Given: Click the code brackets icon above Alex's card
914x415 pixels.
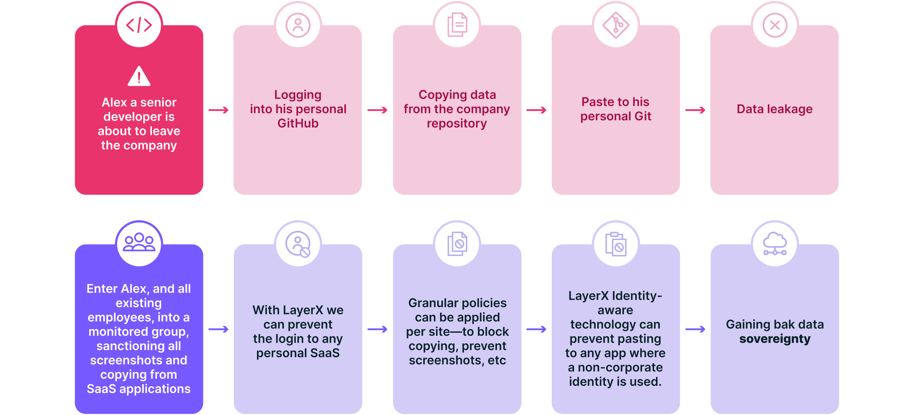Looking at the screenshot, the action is tap(139, 25).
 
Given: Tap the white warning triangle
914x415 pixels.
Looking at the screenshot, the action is tap(139, 76).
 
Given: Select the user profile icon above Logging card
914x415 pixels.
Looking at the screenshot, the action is tap(298, 25).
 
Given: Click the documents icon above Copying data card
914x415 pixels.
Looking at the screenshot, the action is tap(457, 25).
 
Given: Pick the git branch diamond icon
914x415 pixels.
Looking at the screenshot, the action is tap(616, 25).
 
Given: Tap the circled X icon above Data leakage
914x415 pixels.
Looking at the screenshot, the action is tap(775, 25).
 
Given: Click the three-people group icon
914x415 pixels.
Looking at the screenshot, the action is tap(139, 242).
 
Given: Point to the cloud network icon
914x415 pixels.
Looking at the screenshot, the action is tap(775, 244).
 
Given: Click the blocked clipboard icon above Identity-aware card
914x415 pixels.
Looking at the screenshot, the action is tap(616, 244).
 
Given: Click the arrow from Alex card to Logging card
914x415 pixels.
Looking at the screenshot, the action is tap(218, 110).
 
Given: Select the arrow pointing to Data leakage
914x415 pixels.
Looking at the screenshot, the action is tap(695, 110).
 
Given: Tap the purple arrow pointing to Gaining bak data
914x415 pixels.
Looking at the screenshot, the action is tap(695, 329).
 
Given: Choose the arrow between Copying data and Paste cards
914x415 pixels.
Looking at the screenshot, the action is tap(536, 110).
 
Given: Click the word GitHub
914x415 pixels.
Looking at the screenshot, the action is tap(298, 123).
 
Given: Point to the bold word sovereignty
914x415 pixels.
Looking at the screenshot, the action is tap(775, 339).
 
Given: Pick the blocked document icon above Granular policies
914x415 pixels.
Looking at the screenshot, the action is tap(457, 244).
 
